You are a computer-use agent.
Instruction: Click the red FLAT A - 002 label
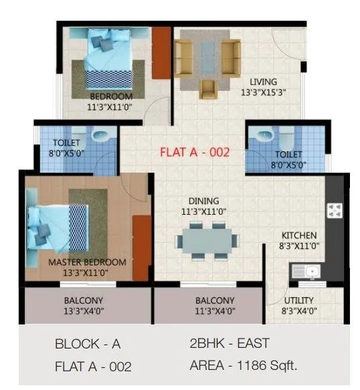point(195,152)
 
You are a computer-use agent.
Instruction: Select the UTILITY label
point(298,300)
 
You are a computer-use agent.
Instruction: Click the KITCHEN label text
point(298,235)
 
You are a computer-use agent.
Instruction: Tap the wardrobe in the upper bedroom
point(161,52)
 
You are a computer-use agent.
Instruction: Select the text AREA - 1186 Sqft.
point(244,365)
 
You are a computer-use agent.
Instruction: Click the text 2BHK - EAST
point(230,343)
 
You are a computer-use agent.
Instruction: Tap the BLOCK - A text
point(88,345)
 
